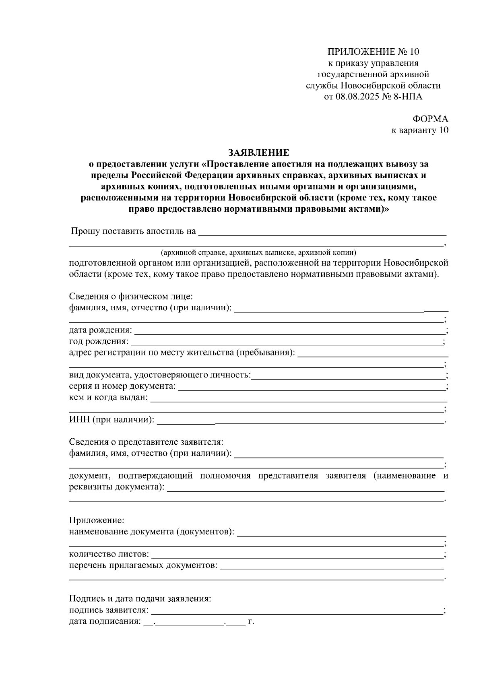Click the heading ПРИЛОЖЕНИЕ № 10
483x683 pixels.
(x=373, y=52)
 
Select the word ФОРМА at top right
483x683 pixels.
(x=430, y=119)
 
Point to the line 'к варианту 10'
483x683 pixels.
(x=420, y=130)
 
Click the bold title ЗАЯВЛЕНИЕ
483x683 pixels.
(x=258, y=153)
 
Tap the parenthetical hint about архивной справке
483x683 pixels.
(x=258, y=253)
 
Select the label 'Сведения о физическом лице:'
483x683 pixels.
(x=131, y=297)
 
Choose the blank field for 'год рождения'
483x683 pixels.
(x=286, y=342)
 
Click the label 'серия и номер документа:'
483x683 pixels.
(x=122, y=387)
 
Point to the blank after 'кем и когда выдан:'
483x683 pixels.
(x=298, y=398)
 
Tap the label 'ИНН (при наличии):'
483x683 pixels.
(x=111, y=421)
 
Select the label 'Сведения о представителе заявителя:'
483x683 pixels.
(x=146, y=442)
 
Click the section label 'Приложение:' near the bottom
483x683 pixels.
(x=97, y=521)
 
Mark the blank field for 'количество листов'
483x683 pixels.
(x=296, y=555)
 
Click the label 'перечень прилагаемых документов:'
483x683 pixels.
(x=143, y=565)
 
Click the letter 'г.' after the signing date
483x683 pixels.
(x=251, y=621)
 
